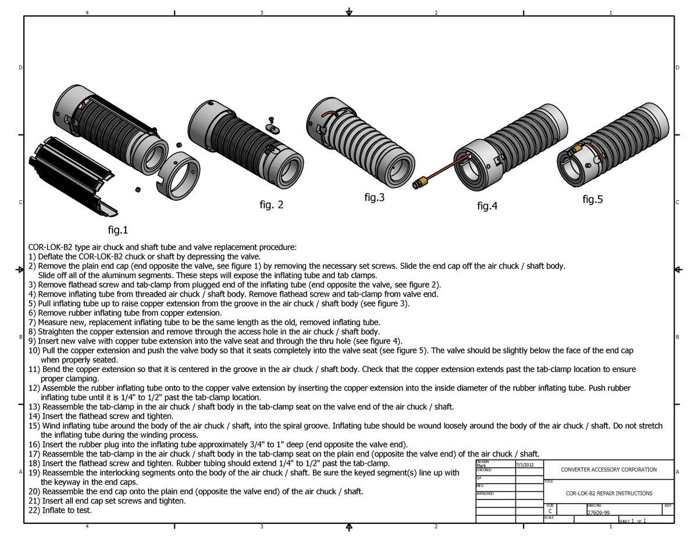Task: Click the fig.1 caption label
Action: (118, 230)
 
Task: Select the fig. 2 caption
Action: (272, 205)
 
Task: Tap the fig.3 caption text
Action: (374, 197)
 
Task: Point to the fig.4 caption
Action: (487, 205)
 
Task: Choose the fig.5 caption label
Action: (593, 199)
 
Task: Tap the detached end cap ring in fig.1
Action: (179, 175)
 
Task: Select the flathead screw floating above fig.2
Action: (271, 120)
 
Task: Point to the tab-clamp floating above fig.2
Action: (273, 129)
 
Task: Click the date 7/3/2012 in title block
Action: (525, 465)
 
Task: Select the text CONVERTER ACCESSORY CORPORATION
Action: (608, 469)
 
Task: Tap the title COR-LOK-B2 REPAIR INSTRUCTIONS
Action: (608, 493)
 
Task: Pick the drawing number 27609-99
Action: (598, 513)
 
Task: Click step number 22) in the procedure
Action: (34, 510)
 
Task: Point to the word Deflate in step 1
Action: (50, 256)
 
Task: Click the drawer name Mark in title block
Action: (481, 466)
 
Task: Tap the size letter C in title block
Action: (550, 511)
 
